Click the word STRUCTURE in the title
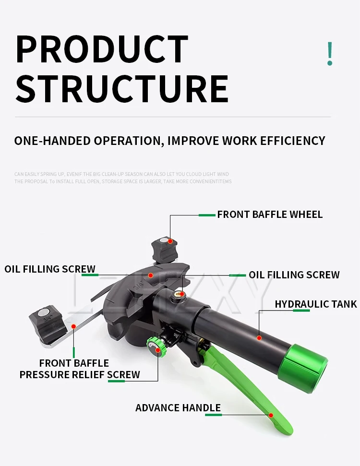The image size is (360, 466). (x=122, y=89)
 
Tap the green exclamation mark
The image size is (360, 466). (x=329, y=54)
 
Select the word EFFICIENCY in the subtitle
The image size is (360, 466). (x=293, y=141)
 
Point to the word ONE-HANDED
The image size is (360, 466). (x=53, y=141)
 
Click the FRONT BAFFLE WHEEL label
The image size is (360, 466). (x=270, y=215)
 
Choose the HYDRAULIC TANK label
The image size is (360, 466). (x=316, y=304)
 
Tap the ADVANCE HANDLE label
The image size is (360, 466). (x=178, y=408)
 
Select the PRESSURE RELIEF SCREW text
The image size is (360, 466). (x=80, y=374)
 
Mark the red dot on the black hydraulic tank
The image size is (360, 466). (x=259, y=338)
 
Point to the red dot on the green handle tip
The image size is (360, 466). (x=271, y=415)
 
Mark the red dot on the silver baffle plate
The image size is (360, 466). (x=73, y=326)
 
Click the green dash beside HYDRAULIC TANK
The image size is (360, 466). (x=301, y=311)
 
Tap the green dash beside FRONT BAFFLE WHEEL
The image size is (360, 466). (x=207, y=215)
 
